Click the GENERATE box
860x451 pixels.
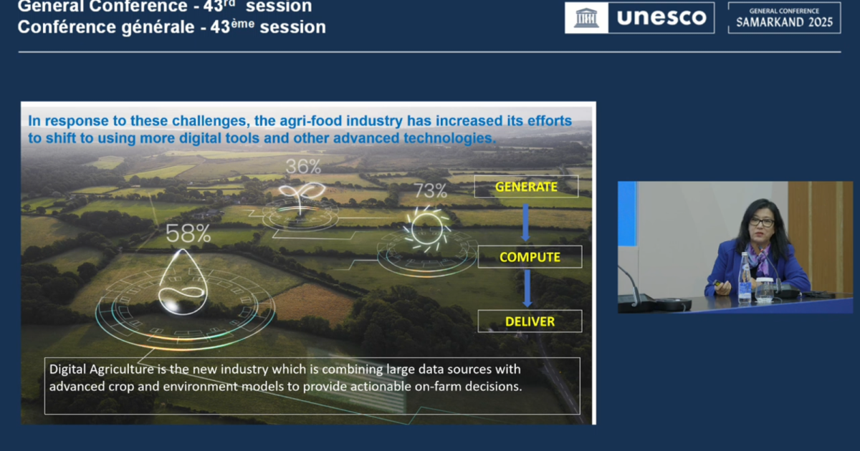coord(526,186)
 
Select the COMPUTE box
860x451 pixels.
coord(530,256)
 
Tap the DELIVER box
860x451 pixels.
coord(530,321)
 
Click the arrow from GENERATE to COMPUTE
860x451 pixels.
coord(525,223)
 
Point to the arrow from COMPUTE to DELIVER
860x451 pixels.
coord(527,288)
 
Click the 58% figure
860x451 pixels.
coord(188,233)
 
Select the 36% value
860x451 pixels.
coord(303,166)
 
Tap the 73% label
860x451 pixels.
coord(431,190)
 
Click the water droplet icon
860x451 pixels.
coord(183,282)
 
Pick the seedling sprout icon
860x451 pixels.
coord(301,198)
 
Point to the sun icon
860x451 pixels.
coord(426,228)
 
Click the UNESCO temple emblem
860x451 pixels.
coord(586,18)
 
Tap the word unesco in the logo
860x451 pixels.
coord(661,17)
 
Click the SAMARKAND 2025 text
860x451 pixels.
coord(784,22)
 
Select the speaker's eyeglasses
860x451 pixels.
coord(761,222)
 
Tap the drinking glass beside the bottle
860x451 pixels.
coord(764,289)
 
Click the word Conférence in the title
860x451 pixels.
coord(67,27)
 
